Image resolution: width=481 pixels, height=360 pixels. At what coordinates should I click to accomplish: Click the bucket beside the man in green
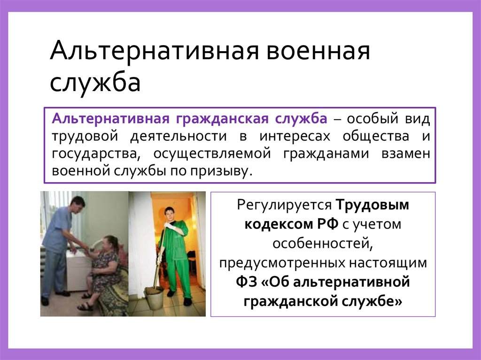153,296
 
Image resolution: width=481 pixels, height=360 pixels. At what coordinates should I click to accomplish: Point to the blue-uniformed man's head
78,204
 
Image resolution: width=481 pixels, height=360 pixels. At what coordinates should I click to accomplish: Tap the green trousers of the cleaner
176,277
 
